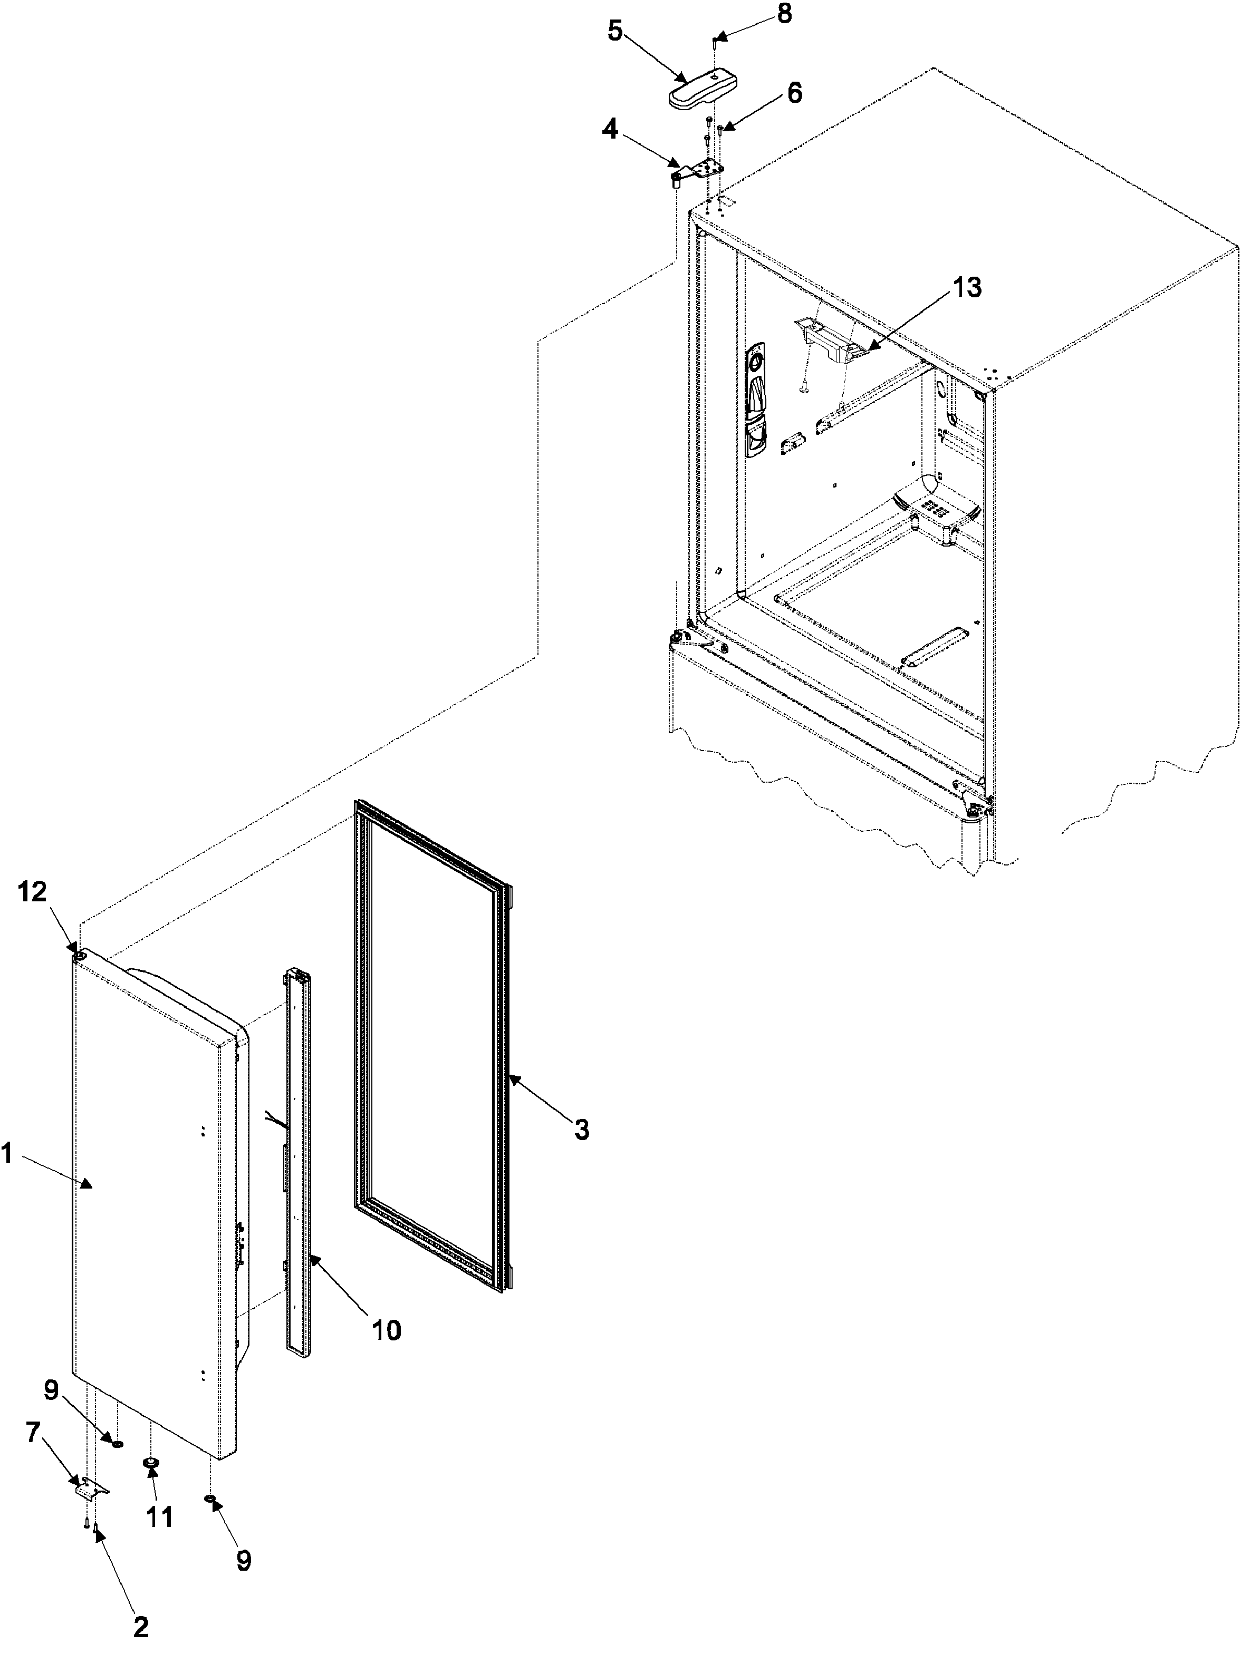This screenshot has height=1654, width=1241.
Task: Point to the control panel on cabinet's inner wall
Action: tap(757, 400)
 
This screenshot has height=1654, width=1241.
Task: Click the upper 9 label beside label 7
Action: tap(50, 1391)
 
